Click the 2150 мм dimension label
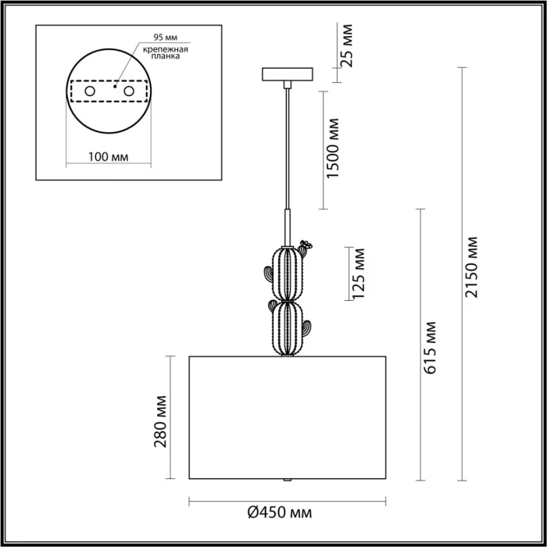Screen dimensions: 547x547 point(471,266)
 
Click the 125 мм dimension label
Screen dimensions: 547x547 point(358,274)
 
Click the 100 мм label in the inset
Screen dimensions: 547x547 point(109,156)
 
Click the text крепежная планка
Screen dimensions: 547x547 point(163,52)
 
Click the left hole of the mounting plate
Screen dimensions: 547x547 point(90,91)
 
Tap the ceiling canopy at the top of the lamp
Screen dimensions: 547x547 point(289,75)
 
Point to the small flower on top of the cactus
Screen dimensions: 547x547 point(306,245)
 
